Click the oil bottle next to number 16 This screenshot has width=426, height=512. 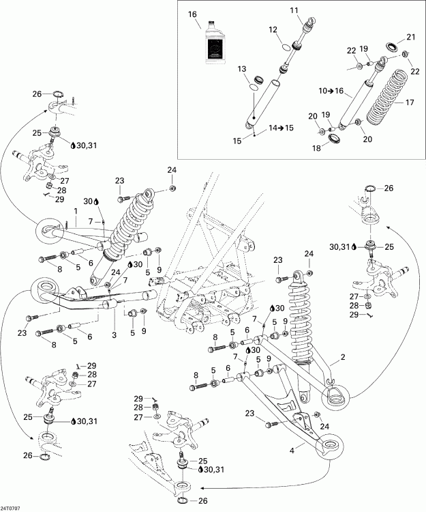pyautogui.click(x=216, y=45)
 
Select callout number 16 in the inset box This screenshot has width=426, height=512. pyautogui.click(x=192, y=14)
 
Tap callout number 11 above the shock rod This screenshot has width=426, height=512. pyautogui.click(x=294, y=10)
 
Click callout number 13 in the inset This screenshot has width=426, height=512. pyautogui.click(x=241, y=70)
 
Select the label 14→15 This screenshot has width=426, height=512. pyautogui.click(x=281, y=128)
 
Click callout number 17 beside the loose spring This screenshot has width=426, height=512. pyautogui.click(x=410, y=102)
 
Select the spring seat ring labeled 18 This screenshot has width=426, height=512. pyautogui.click(x=335, y=140)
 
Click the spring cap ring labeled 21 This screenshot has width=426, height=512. pyautogui.click(x=393, y=47)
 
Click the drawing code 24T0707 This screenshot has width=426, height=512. pyautogui.click(x=11, y=507)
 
